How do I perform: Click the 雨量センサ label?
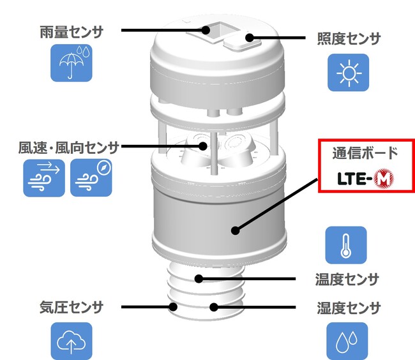[72, 33]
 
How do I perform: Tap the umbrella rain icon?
[72, 63]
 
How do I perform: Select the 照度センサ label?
[349, 39]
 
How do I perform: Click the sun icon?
[349, 73]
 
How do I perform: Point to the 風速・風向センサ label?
[68, 147]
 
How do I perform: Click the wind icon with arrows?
[44, 178]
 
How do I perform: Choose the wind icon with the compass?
[91, 177]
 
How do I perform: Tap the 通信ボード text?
[365, 153]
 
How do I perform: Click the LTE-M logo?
[365, 179]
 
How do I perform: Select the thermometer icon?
[346, 245]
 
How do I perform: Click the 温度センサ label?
[347, 280]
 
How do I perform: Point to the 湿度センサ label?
[349, 308]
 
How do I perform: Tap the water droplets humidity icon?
[347, 341]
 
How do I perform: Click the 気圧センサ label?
[72, 308]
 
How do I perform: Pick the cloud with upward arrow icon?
[72, 341]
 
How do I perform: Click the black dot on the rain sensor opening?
[206, 30]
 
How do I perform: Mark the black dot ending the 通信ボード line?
[235, 230]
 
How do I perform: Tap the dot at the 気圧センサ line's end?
[173, 307]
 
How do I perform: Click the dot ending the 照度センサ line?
[249, 38]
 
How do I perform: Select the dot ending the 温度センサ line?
[199, 279]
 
